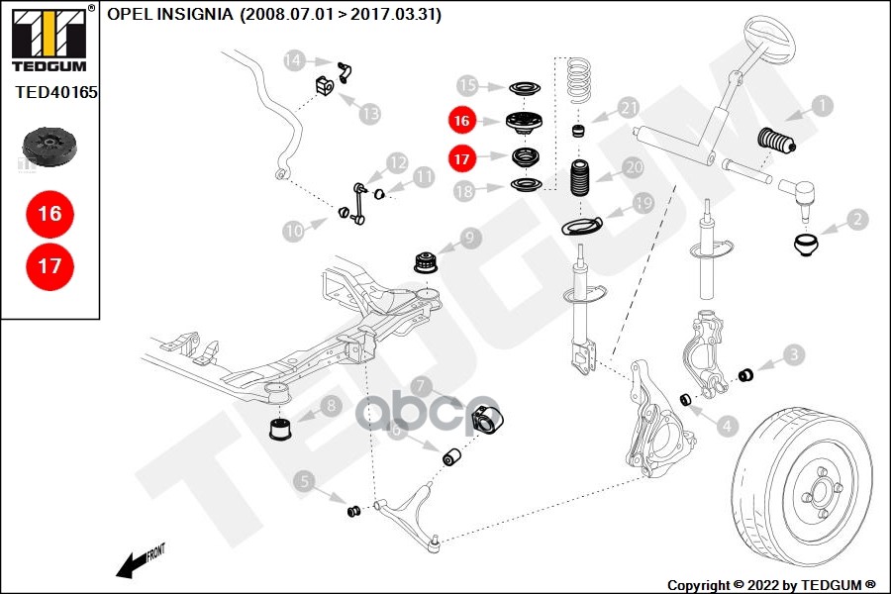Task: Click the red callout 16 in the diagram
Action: click(x=461, y=121)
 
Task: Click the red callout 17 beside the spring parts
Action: click(x=461, y=156)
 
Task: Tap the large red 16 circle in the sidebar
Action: click(x=49, y=213)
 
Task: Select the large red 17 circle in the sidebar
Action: click(x=49, y=265)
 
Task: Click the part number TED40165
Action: click(x=56, y=92)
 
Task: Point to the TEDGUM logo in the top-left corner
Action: click(x=49, y=40)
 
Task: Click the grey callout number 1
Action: click(x=821, y=105)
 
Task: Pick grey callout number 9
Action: click(x=469, y=237)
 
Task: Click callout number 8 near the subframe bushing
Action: click(x=329, y=405)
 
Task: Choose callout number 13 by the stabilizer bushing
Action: click(x=369, y=114)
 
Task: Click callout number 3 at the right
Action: click(x=794, y=353)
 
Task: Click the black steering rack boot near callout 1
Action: click(x=778, y=145)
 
